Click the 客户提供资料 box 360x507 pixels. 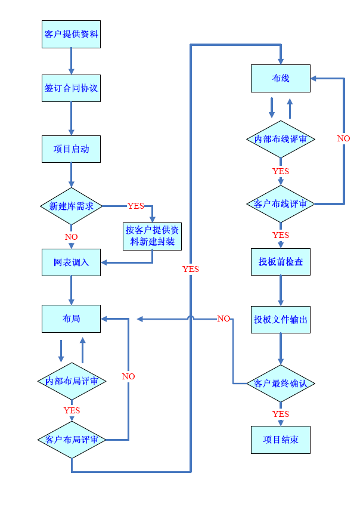(71, 34)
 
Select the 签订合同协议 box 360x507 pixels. (71, 88)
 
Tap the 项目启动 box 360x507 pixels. (71, 149)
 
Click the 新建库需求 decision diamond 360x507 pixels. (71, 206)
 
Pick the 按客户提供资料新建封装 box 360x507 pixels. (152, 236)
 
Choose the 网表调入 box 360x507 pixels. (71, 262)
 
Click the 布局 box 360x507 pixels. (71, 319)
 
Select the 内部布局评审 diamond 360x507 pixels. (72, 381)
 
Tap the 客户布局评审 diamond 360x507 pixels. (72, 440)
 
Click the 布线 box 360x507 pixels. (280, 78)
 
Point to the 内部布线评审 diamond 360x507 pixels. (280, 139)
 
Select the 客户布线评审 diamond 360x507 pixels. (280, 204)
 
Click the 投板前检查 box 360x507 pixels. (280, 261)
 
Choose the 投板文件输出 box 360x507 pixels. (280, 320)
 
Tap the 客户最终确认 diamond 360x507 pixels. (280, 383)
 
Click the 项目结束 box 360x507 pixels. (280, 440)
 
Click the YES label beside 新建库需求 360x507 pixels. (136, 206)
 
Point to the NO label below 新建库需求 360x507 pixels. (71, 237)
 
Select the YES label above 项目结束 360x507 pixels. (280, 414)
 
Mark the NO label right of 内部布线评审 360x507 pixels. (344, 138)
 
